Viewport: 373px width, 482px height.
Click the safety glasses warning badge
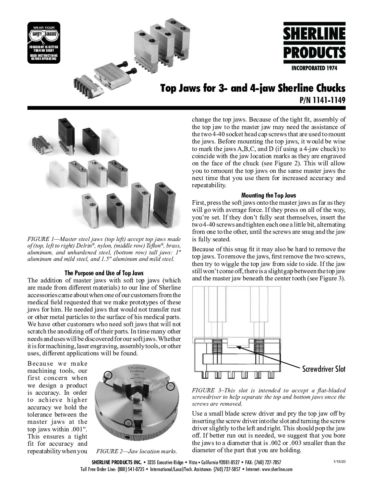[x=44, y=43]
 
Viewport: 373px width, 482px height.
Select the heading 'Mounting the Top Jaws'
[x=269, y=195]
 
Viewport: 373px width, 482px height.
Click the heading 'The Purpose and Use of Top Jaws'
[x=104, y=273]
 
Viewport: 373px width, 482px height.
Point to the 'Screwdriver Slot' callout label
[x=324, y=369]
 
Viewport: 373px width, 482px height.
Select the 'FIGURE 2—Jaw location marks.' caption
[x=137, y=451]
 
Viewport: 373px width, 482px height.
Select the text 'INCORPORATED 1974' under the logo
[x=314, y=68]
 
